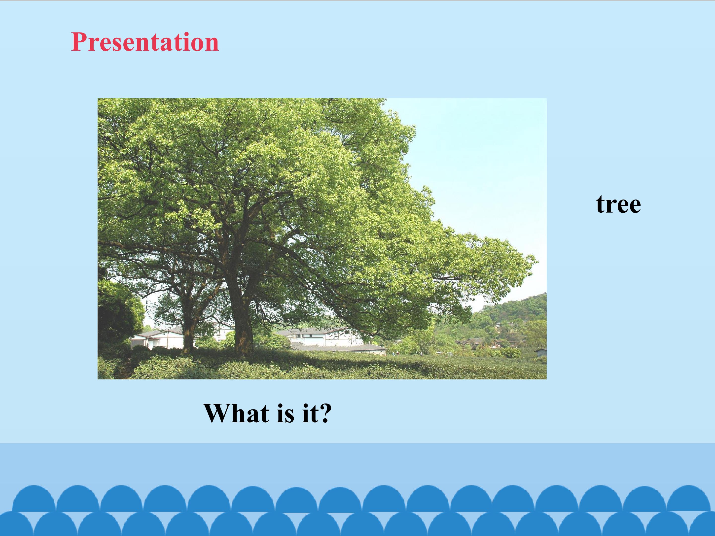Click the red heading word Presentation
point(145,42)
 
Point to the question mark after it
point(324,413)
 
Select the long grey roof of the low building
point(339,348)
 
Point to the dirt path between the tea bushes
point(124,368)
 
